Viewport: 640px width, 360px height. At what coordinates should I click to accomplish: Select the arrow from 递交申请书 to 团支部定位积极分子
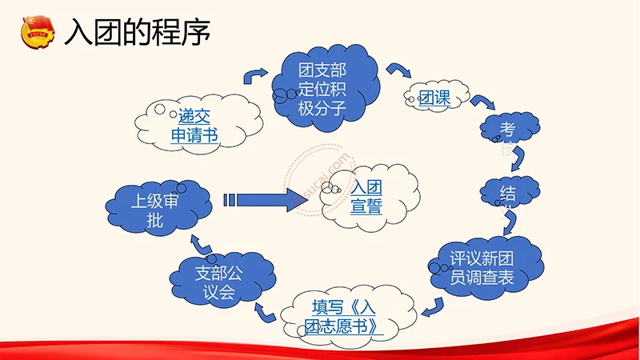[x=255, y=76]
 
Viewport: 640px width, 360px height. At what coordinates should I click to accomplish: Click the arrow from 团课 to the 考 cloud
[x=479, y=102]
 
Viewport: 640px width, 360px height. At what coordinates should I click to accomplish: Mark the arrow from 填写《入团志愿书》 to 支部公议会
[x=264, y=310]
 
